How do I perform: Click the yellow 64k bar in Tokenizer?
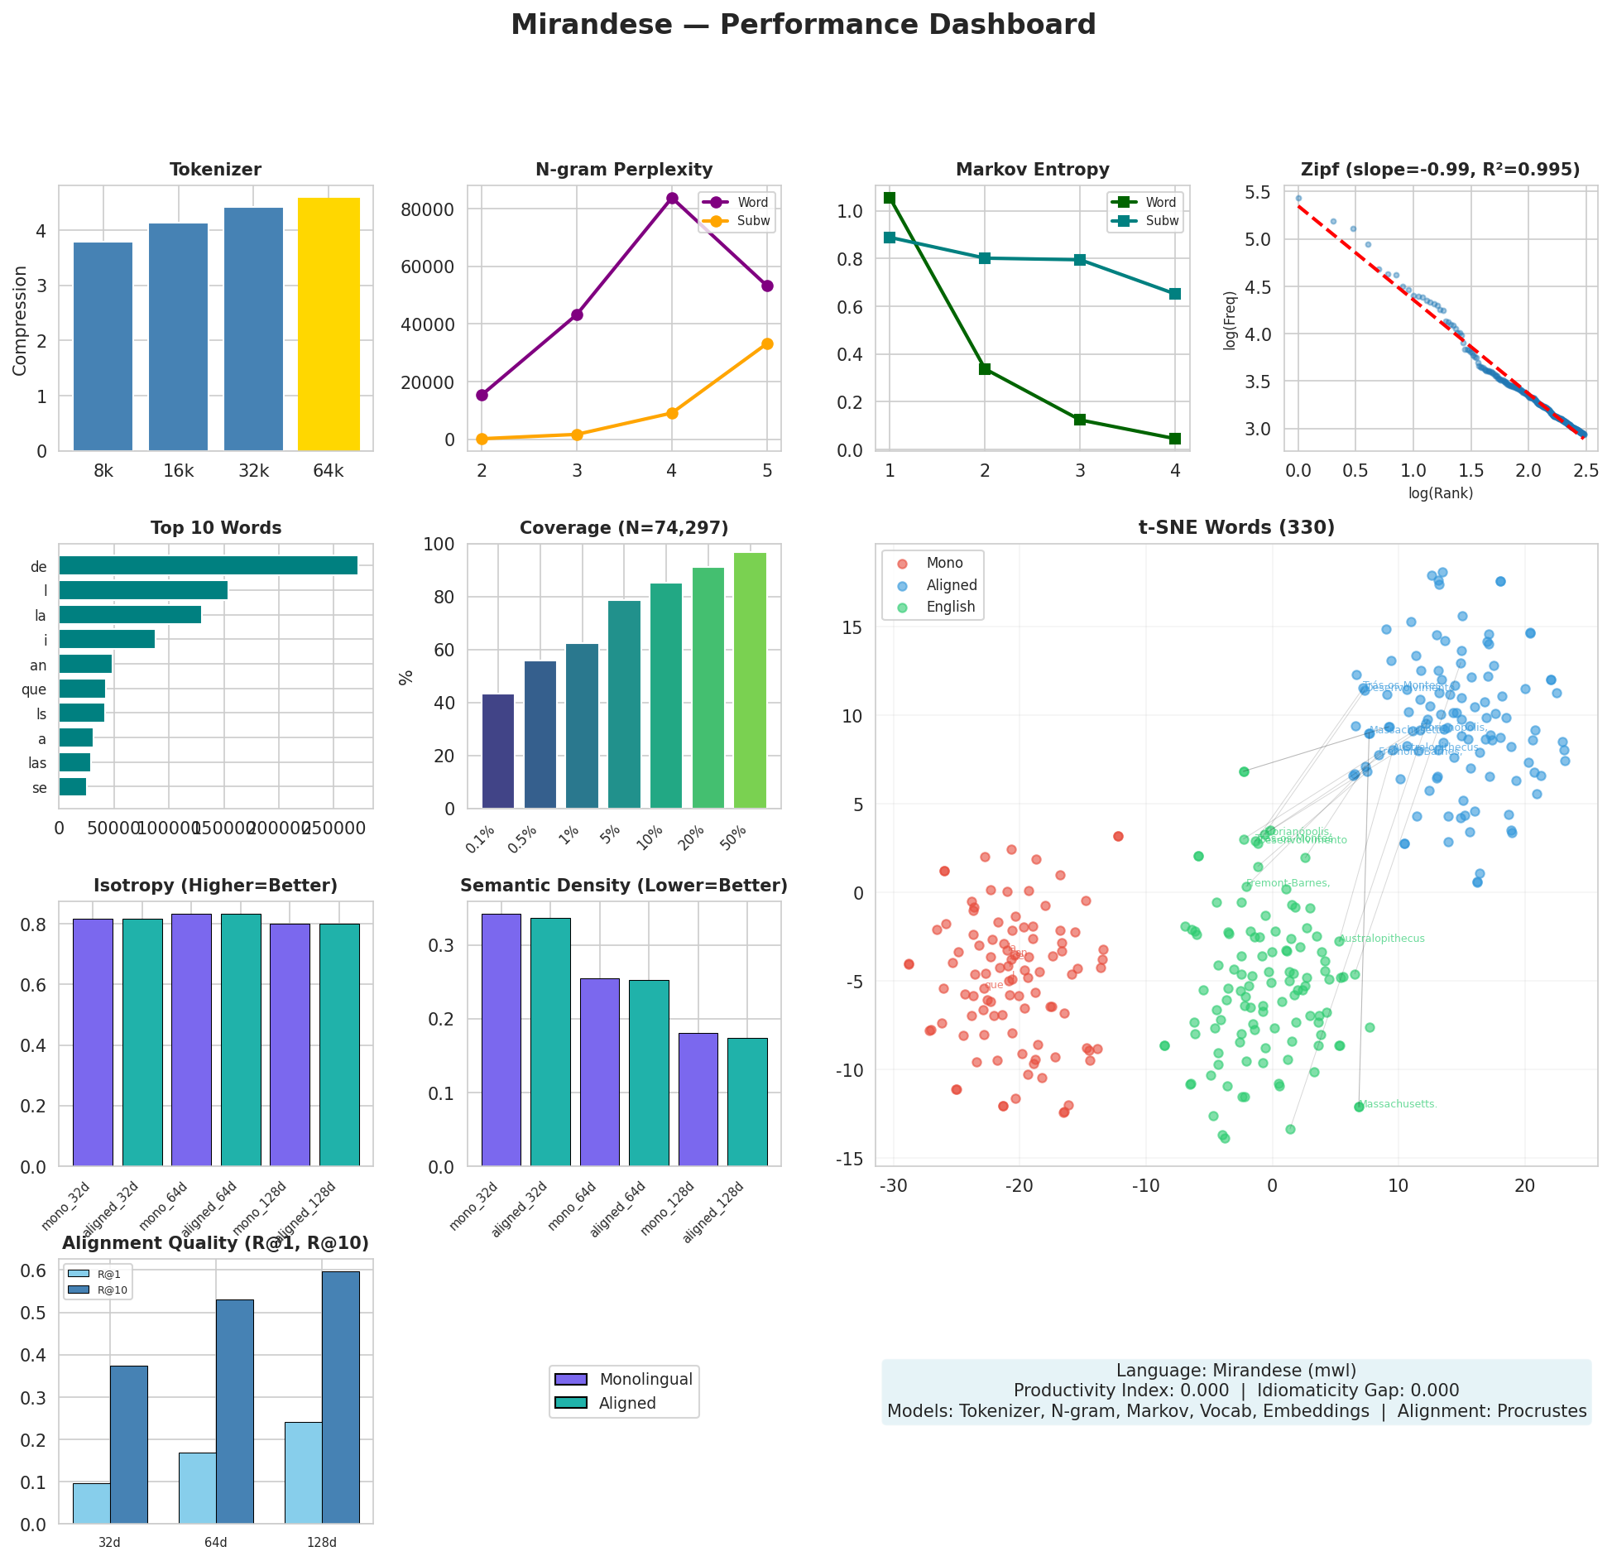[329, 324]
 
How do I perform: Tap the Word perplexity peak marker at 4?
[672, 199]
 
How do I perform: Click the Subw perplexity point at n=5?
[767, 343]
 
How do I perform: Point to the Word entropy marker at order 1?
[890, 198]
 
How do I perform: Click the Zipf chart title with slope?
[1440, 170]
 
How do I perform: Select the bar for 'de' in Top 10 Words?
[208, 565]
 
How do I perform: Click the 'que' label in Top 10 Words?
[34, 689]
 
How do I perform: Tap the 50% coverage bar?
[750, 680]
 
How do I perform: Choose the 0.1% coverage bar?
[498, 751]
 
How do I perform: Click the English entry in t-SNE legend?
[950, 607]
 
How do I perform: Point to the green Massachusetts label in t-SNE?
[1399, 1104]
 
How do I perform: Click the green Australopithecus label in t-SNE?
[1381, 939]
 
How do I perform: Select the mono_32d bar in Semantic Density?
[501, 1040]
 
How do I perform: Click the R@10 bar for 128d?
[341, 1396]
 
